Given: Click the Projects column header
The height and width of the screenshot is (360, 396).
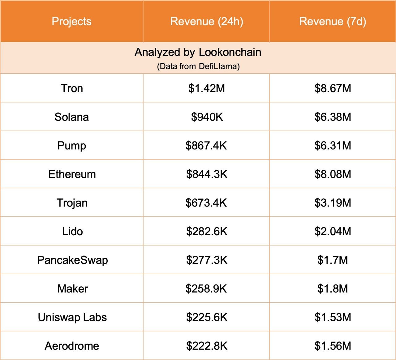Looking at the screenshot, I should click(x=71, y=21).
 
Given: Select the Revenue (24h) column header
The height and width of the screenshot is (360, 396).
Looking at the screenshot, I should click(x=207, y=21).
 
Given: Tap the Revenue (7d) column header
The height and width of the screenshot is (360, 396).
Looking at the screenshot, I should click(x=333, y=21).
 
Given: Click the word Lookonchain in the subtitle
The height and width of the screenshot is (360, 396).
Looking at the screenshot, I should click(x=230, y=52).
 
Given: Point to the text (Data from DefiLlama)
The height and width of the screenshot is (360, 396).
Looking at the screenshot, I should click(x=198, y=66).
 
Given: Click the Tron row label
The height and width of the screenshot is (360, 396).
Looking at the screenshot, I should click(x=72, y=89).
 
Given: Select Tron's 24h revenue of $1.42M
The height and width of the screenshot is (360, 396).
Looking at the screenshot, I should click(x=207, y=89).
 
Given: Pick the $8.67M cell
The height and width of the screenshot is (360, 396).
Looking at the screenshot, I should click(x=333, y=89).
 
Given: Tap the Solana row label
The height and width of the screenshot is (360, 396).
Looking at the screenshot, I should click(x=72, y=117).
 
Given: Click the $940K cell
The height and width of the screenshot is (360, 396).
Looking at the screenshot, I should click(x=207, y=117).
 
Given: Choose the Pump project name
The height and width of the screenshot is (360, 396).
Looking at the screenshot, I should click(x=72, y=145).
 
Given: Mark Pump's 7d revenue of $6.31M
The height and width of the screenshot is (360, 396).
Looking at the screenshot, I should click(x=333, y=145).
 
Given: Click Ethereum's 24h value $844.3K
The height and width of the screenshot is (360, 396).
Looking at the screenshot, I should click(x=207, y=174).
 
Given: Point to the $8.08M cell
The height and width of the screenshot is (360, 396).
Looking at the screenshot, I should click(x=333, y=174).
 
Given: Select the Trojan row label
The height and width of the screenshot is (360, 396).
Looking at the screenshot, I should click(x=72, y=203).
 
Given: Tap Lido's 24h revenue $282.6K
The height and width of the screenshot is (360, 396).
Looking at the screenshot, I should click(x=207, y=232).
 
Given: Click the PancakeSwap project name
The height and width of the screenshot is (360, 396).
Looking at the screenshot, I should click(x=72, y=260).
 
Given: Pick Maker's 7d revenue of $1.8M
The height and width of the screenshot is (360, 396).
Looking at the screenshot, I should click(x=333, y=289).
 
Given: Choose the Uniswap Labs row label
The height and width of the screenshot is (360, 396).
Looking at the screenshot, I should click(x=72, y=317).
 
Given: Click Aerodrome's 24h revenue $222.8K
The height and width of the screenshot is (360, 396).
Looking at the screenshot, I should click(x=207, y=346).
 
